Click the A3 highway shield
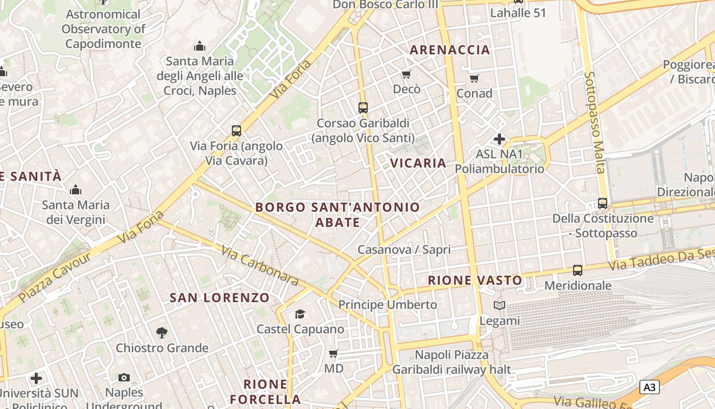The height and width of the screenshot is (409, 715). (x=649, y=387)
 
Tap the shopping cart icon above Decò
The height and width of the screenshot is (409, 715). (x=407, y=75)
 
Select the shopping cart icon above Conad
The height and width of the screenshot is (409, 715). (x=474, y=78)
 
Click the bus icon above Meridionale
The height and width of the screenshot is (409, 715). (x=578, y=270)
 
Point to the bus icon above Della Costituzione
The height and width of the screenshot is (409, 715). (x=603, y=203)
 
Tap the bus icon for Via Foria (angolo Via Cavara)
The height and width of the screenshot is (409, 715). (x=236, y=130)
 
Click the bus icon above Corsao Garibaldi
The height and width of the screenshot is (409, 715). (x=363, y=108)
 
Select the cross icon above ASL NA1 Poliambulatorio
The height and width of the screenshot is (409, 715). (x=499, y=139)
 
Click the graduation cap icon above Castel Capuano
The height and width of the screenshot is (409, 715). (x=300, y=314)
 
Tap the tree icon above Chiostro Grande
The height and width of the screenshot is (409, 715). (x=162, y=333)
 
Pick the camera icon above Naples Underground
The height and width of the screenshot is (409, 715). (x=124, y=377)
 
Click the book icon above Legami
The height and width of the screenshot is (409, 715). (x=499, y=306)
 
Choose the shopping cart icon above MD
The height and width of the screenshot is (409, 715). (x=333, y=353)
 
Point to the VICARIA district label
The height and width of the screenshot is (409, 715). (x=418, y=163)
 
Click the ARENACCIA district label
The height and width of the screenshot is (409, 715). (x=450, y=50)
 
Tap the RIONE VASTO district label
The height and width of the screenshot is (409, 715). (x=475, y=280)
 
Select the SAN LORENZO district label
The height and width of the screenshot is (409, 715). (x=220, y=298)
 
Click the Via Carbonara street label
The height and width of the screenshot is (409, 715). (x=260, y=265)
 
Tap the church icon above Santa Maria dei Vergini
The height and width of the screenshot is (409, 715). (x=76, y=190)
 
